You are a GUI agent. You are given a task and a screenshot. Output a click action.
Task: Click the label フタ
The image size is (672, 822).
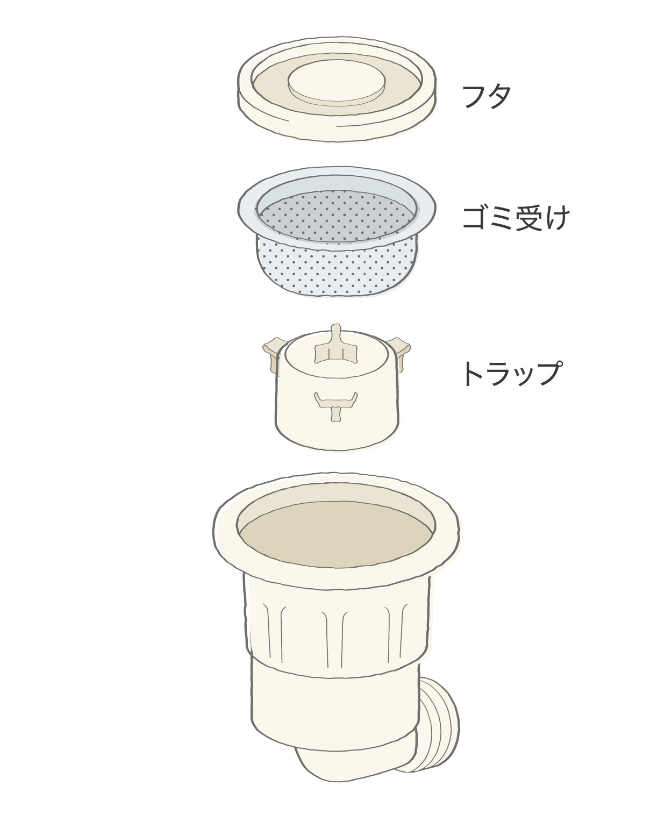[486, 96]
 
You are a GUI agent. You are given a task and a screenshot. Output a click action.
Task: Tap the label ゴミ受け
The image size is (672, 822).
[516, 218]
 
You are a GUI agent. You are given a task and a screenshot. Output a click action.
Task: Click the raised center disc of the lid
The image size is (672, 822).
[337, 84]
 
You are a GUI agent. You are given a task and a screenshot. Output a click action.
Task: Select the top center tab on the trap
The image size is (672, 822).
[335, 346]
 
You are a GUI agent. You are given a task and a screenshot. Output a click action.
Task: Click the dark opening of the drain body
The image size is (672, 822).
[336, 534]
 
